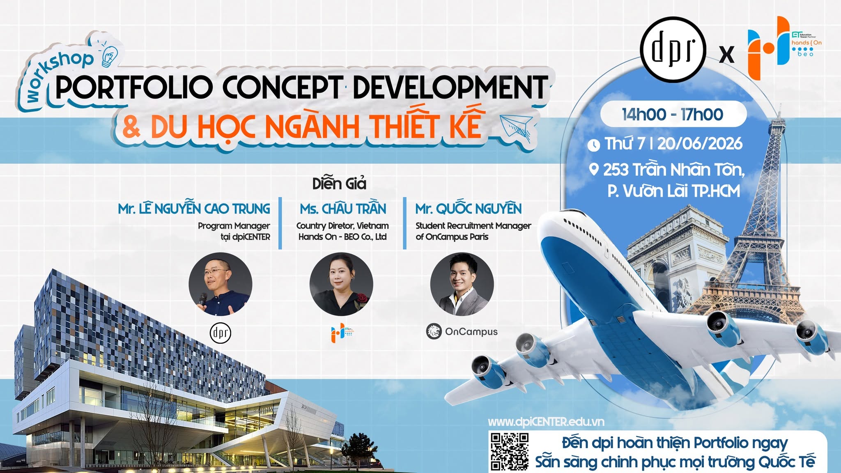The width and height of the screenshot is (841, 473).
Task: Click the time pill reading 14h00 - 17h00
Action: point(673,114)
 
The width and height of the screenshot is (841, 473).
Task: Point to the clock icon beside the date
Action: point(593,145)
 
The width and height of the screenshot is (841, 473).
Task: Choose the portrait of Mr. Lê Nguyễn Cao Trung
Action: point(221,284)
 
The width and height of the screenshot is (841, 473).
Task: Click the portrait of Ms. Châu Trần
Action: point(341,284)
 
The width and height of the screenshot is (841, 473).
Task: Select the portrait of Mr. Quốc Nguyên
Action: point(462,284)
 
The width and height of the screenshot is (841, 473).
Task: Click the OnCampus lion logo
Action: point(434,332)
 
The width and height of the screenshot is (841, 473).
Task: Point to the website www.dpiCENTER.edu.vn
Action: point(546,422)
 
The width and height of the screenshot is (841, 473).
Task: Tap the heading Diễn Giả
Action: point(339,184)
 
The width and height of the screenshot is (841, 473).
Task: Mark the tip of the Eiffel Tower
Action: point(779,106)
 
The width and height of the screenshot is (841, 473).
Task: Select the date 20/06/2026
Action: point(700,144)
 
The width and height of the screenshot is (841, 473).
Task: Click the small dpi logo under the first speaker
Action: point(221,333)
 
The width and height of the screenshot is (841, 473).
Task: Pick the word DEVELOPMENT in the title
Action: point(450,87)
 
